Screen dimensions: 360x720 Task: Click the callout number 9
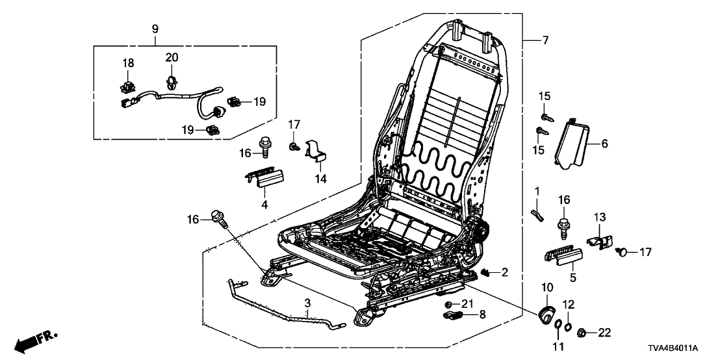(x=155, y=29)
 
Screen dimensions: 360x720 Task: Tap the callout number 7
(x=545, y=41)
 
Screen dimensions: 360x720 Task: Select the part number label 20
(x=172, y=58)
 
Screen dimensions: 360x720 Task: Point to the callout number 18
(x=128, y=62)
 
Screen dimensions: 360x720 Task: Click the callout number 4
(x=264, y=205)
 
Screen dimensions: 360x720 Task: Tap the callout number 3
(x=307, y=303)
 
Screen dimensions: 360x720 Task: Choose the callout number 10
(x=546, y=287)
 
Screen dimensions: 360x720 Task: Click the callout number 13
(x=598, y=216)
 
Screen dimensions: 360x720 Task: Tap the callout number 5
(x=572, y=278)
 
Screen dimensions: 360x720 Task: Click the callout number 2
(x=505, y=272)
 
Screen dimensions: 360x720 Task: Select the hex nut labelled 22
(x=582, y=333)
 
